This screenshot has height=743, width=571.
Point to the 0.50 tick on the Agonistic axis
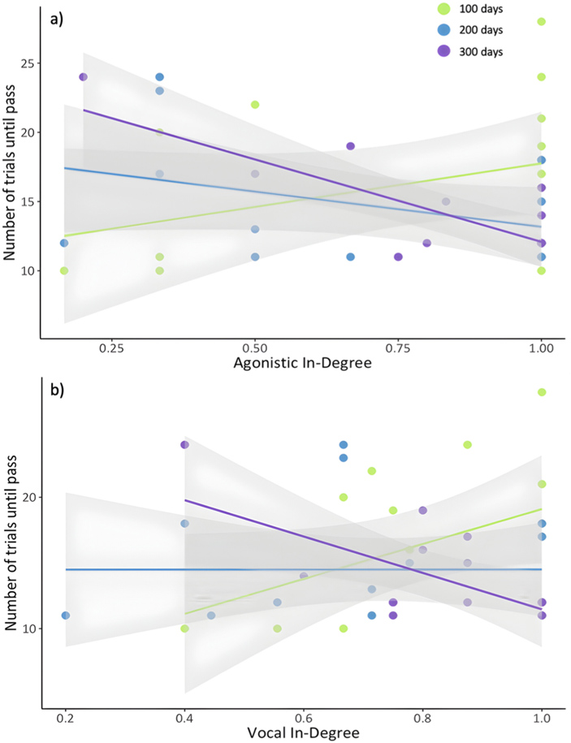point(255,347)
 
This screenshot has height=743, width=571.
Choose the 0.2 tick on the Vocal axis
point(65,719)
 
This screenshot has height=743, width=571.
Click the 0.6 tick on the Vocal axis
point(304,719)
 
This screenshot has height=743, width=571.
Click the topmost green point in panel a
point(541,22)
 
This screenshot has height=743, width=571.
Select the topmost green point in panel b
point(541,392)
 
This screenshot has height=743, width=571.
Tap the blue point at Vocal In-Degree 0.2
point(65,616)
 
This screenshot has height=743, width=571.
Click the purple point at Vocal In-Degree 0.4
point(184,444)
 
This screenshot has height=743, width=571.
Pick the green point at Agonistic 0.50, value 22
point(255,105)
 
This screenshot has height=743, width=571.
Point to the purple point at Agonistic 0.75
point(398,257)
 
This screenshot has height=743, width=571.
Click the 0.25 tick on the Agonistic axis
point(111,347)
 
